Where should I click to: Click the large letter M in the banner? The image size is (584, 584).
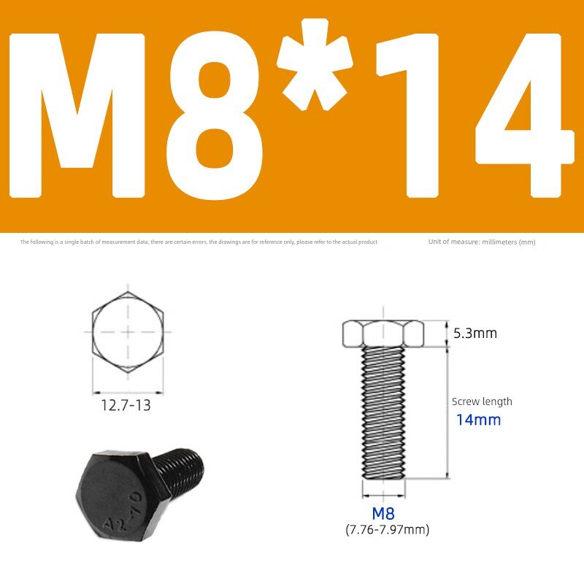tap(77, 115)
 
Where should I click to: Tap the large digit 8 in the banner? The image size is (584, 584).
tap(214, 115)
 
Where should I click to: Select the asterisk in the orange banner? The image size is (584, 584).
tap(315, 64)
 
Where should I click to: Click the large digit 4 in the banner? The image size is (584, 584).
tap(524, 115)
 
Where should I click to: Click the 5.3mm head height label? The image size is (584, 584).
tap(475, 333)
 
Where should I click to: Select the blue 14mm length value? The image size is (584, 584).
tap(479, 420)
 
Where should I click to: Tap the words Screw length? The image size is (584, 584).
tap(482, 401)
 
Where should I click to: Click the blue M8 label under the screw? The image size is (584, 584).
tap(383, 514)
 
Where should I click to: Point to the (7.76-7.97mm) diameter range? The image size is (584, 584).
tap(388, 529)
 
